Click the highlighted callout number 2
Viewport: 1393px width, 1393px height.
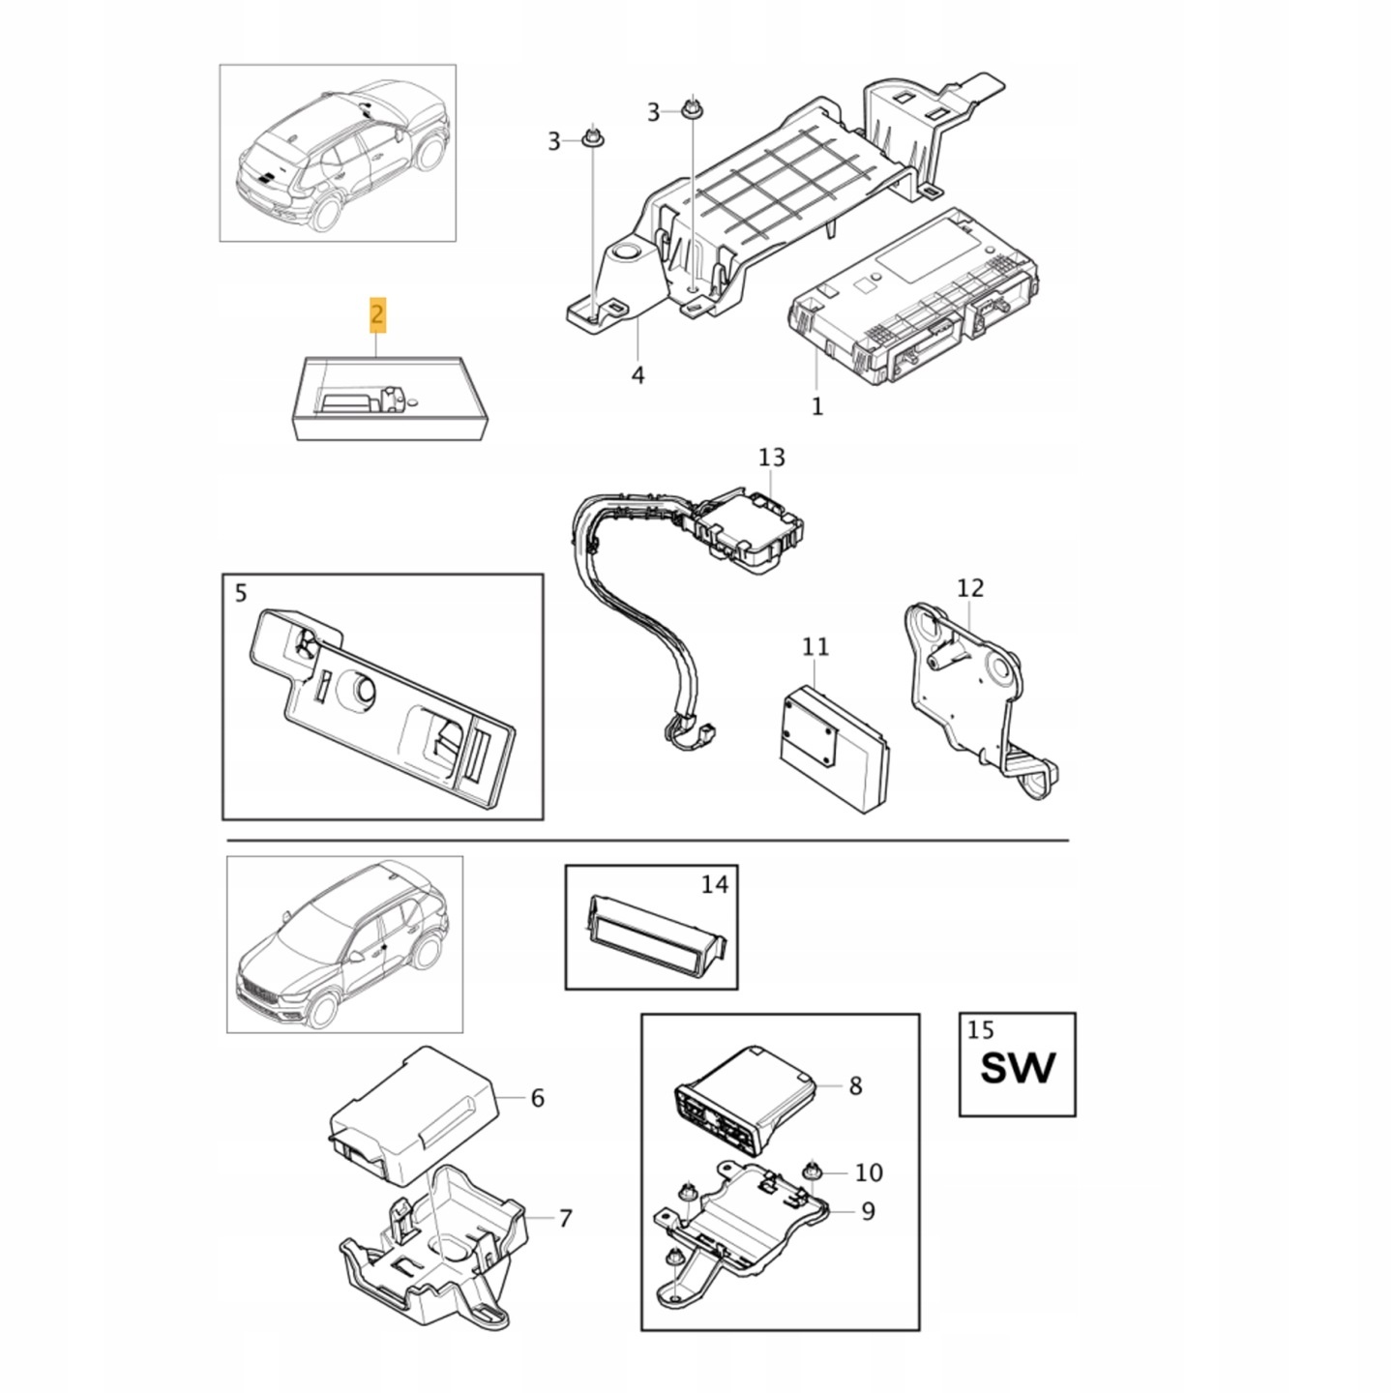click(377, 314)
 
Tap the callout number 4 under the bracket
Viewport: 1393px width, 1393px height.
click(637, 375)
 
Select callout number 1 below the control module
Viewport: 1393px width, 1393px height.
click(816, 406)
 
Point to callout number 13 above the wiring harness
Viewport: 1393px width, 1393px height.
click(771, 457)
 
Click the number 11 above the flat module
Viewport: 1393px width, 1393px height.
click(815, 646)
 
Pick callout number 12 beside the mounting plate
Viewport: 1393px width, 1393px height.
click(970, 588)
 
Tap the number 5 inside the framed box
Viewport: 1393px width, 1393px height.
click(241, 593)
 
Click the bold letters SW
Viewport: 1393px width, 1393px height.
click(1017, 1068)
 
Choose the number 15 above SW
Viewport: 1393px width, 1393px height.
click(981, 1029)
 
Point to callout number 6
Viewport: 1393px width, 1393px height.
click(537, 1098)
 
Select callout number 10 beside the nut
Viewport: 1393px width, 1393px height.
click(868, 1171)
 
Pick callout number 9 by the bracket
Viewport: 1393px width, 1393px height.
click(868, 1210)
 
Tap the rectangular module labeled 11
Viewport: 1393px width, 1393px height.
click(834, 749)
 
